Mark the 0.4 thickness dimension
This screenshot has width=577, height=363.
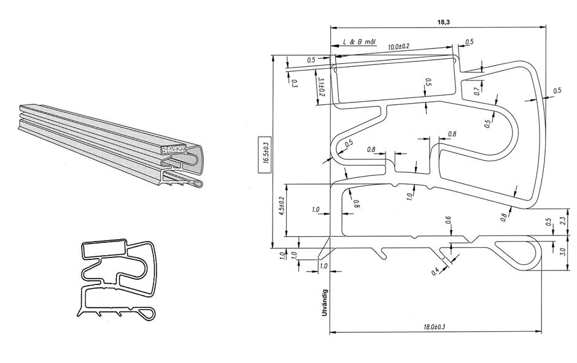(435, 270)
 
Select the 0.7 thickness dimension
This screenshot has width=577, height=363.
(477, 92)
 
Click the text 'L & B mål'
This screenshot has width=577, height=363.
(360, 42)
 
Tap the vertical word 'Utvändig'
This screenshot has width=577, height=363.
(324, 303)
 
